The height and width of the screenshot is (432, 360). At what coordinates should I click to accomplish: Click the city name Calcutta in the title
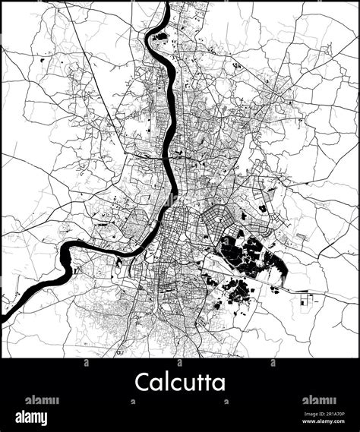coord(180,381)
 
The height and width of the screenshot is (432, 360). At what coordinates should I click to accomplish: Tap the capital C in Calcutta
coord(143,381)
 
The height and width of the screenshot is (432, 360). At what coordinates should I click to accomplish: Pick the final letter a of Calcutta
coord(219,382)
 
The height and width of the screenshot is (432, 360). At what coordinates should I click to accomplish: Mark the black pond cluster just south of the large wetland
coord(237,290)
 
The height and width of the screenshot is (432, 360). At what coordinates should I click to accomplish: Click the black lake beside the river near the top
coord(156,35)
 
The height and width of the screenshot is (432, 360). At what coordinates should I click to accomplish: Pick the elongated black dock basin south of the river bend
coord(119,267)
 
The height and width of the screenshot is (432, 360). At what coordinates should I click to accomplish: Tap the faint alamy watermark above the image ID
coord(318,400)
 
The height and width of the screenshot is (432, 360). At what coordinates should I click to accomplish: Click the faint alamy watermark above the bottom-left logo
coord(42,400)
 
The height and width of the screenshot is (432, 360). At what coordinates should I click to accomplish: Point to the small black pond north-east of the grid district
coord(263,207)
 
